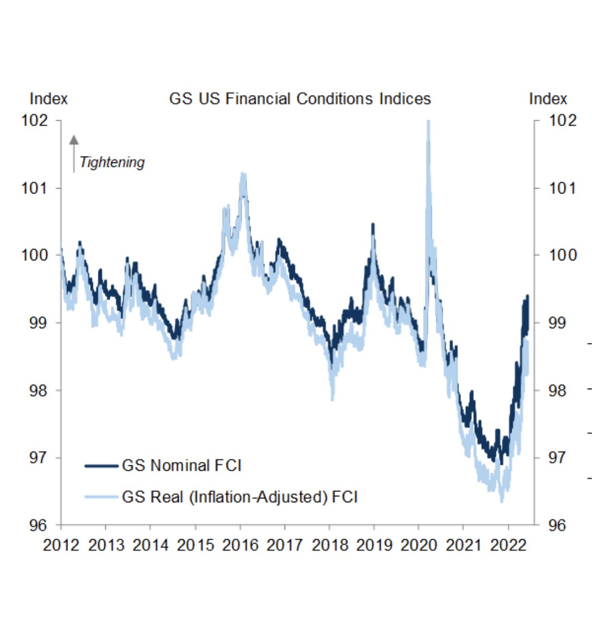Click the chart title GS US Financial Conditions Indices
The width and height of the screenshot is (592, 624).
click(x=300, y=99)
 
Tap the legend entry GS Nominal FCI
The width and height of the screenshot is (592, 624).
click(x=181, y=466)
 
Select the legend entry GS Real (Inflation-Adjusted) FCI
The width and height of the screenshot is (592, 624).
click(x=240, y=497)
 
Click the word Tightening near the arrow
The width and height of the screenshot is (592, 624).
click(x=112, y=163)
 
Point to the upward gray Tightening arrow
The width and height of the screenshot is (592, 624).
click(x=74, y=154)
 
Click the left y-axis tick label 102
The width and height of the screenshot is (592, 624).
click(x=35, y=120)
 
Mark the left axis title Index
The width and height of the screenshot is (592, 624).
click(x=48, y=99)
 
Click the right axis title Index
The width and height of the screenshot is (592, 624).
click(x=547, y=99)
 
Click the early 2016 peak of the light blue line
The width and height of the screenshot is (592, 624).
click(x=243, y=175)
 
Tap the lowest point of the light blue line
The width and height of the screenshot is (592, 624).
click(x=501, y=500)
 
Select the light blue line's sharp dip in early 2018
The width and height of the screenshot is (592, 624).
click(x=332, y=398)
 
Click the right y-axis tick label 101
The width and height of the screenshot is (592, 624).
click(x=562, y=188)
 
